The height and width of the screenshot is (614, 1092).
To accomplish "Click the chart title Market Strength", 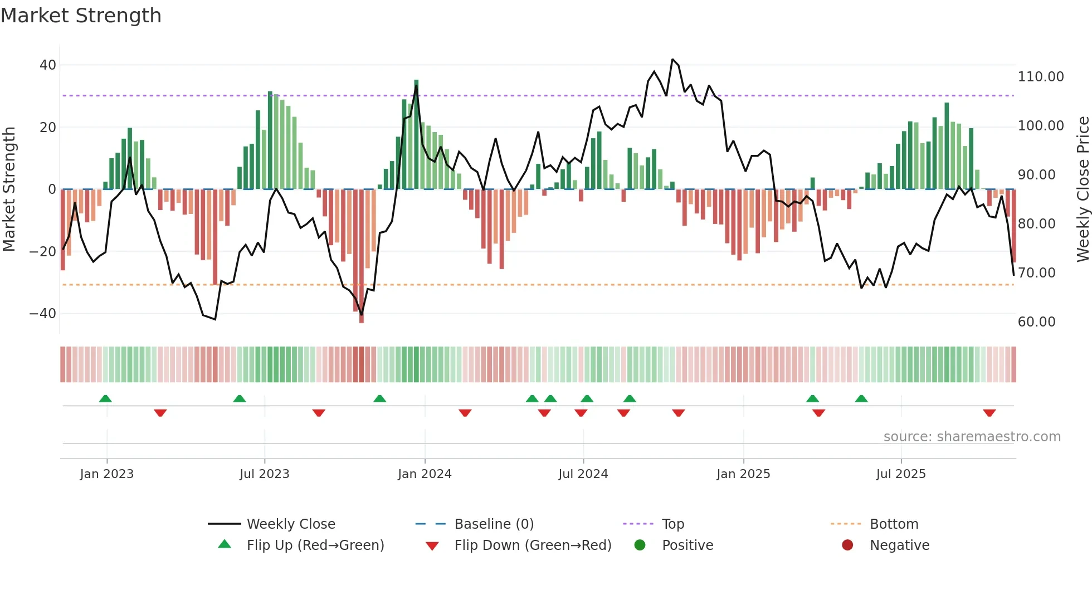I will [x=81, y=16].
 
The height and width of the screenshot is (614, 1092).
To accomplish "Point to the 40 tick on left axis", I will [x=48, y=65].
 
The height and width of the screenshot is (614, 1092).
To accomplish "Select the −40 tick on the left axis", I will [x=43, y=314].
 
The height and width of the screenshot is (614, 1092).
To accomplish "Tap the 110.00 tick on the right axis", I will [x=1040, y=77].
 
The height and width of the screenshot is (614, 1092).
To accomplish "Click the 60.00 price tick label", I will [x=1036, y=322].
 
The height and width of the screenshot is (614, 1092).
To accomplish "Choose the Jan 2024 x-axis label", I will [x=425, y=474].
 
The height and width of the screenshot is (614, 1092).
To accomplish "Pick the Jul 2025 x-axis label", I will [x=900, y=474].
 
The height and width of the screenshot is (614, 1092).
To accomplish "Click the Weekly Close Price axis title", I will [x=1083, y=189].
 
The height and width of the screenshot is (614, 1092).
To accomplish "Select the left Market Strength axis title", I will [x=9, y=189].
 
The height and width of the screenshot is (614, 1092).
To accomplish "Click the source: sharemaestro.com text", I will [x=972, y=437].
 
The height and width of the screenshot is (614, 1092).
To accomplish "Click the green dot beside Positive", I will [x=640, y=545].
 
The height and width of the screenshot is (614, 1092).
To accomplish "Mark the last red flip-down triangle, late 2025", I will [x=989, y=413].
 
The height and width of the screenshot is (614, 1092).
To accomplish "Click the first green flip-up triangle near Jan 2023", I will [x=105, y=398].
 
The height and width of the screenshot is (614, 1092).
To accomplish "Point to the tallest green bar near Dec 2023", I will [x=416, y=134].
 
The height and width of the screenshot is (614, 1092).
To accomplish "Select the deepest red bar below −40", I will [x=362, y=256].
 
